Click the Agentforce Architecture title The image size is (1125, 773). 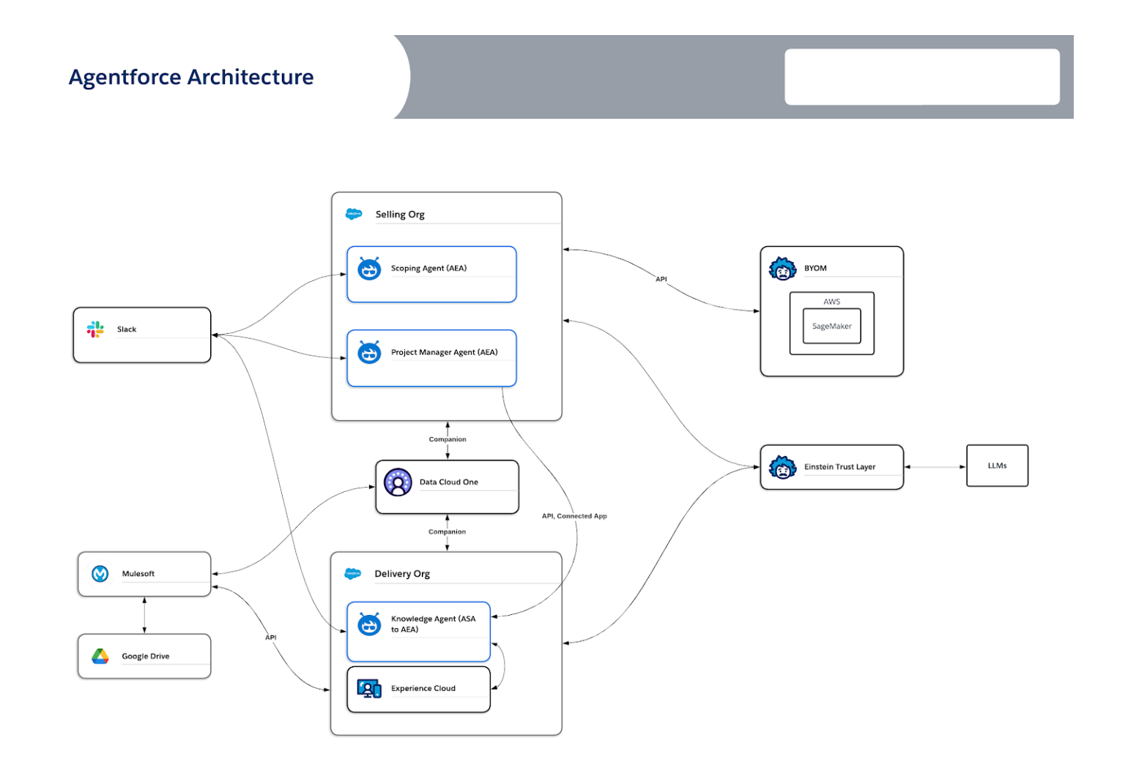pyautogui.click(x=191, y=77)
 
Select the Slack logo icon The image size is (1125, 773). pyautogui.click(x=95, y=329)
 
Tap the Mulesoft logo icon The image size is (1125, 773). pyautogui.click(x=100, y=574)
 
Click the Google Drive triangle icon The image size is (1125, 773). pyautogui.click(x=100, y=657)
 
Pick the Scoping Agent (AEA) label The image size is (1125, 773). pyautogui.click(x=428, y=269)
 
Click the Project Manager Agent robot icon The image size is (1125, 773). pyautogui.click(x=369, y=353)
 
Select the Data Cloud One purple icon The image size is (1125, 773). pyautogui.click(x=398, y=482)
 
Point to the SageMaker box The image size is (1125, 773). pyautogui.click(x=831, y=326)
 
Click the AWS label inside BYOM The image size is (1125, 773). pyautogui.click(x=831, y=302)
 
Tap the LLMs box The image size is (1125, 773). pyautogui.click(x=997, y=466)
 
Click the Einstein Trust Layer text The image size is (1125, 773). pyautogui.click(x=839, y=467)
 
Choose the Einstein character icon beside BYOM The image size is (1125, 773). pyautogui.click(x=782, y=269)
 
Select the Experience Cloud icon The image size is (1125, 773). pyautogui.click(x=369, y=689)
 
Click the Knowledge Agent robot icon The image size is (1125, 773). pyautogui.click(x=369, y=624)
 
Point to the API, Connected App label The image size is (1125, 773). pyautogui.click(x=574, y=516)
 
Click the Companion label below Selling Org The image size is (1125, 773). pyautogui.click(x=448, y=439)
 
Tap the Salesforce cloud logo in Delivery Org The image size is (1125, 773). pyautogui.click(x=353, y=574)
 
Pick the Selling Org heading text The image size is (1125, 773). pyautogui.click(x=400, y=214)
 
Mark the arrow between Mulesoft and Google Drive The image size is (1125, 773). pyautogui.click(x=144, y=615)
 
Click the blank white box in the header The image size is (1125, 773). pyautogui.click(x=922, y=77)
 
